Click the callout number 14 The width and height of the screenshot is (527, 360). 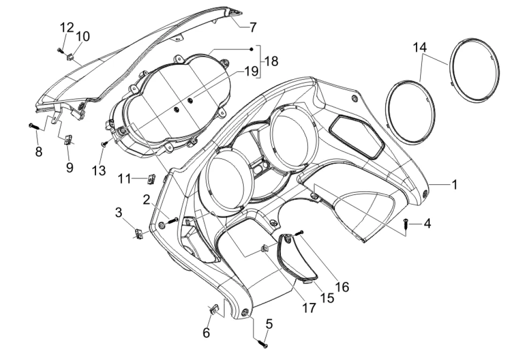[x=420, y=47]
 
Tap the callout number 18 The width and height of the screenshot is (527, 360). [x=271, y=61]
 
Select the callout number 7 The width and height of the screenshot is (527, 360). [x=253, y=27]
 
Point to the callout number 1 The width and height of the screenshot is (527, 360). [x=454, y=184]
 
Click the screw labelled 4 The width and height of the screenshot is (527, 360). [x=406, y=223]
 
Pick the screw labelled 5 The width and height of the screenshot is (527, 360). [x=263, y=344]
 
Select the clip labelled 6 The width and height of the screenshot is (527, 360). [x=214, y=309]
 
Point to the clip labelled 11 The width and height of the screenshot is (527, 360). [x=151, y=179]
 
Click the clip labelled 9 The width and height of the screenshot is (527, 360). [x=68, y=139]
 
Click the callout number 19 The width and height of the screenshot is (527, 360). [x=251, y=71]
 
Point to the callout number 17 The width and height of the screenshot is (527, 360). [x=309, y=307]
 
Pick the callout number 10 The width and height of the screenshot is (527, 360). [x=83, y=36]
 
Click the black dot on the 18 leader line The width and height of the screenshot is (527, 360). [x=251, y=49]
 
